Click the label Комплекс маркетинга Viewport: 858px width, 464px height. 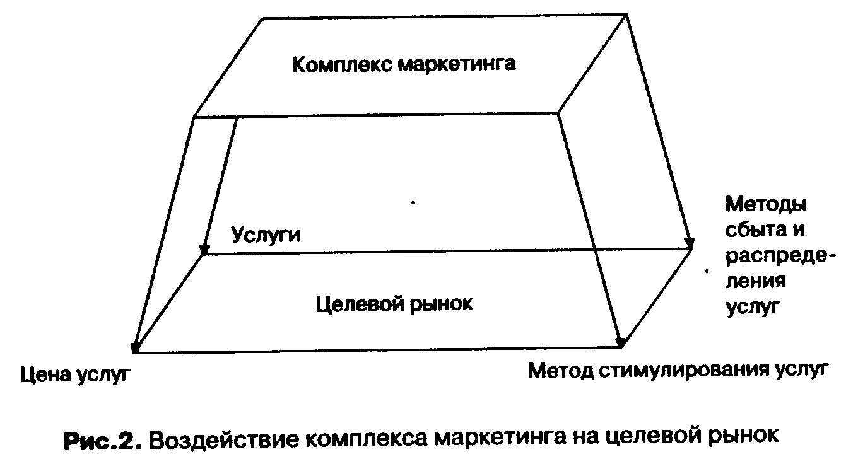point(404,64)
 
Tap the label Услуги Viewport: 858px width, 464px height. point(266,235)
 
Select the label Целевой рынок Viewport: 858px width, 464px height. point(393,304)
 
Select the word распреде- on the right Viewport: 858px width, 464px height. point(780,257)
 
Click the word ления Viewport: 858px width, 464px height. point(755,281)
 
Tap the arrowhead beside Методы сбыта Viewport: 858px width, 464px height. point(690,243)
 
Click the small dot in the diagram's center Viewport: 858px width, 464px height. point(413,204)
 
